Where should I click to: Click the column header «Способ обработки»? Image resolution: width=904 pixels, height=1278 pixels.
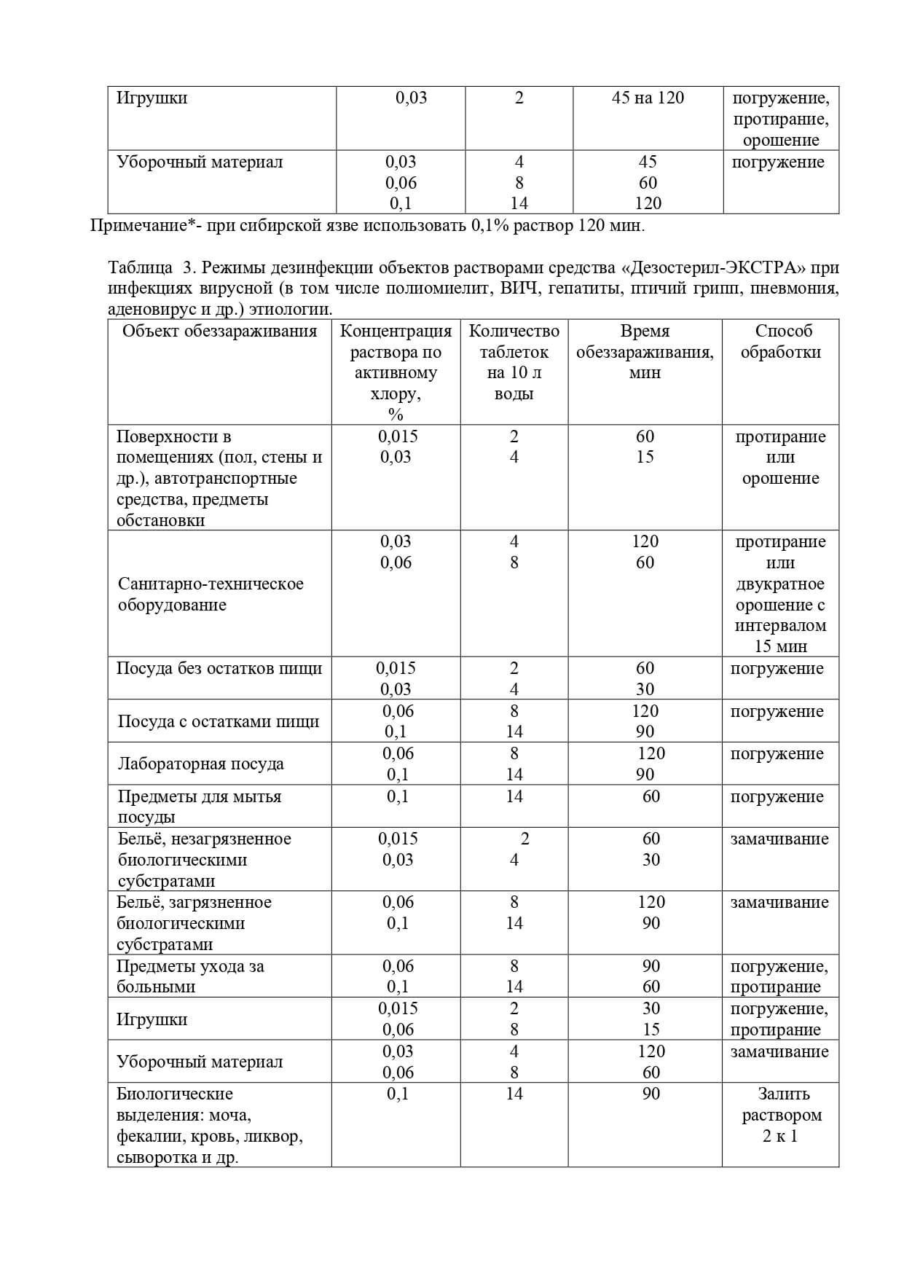(x=780, y=342)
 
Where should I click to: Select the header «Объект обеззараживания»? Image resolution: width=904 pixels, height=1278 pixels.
(x=219, y=332)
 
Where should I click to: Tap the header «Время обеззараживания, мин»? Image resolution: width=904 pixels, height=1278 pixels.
(x=645, y=352)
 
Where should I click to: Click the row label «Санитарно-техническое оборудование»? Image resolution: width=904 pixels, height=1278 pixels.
(x=211, y=594)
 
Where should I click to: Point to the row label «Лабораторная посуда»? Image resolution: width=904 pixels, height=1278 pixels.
(x=200, y=764)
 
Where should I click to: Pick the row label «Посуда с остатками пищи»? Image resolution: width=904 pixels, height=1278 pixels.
(x=219, y=721)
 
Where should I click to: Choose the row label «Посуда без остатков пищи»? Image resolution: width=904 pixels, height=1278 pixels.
(x=219, y=668)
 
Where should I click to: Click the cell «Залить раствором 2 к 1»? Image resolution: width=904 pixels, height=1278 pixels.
(x=780, y=1115)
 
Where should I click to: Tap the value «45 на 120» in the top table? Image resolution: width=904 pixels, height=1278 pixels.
(x=648, y=98)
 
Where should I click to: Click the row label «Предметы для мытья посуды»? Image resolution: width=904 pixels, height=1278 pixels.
(x=200, y=806)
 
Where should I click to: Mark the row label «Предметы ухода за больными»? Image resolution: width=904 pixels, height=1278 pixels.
(x=190, y=976)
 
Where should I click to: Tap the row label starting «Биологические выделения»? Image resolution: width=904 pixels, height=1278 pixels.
(x=210, y=1125)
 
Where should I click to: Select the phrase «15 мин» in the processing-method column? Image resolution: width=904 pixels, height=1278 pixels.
(x=780, y=646)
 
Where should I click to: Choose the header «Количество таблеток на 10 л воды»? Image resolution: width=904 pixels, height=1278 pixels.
(x=514, y=362)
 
